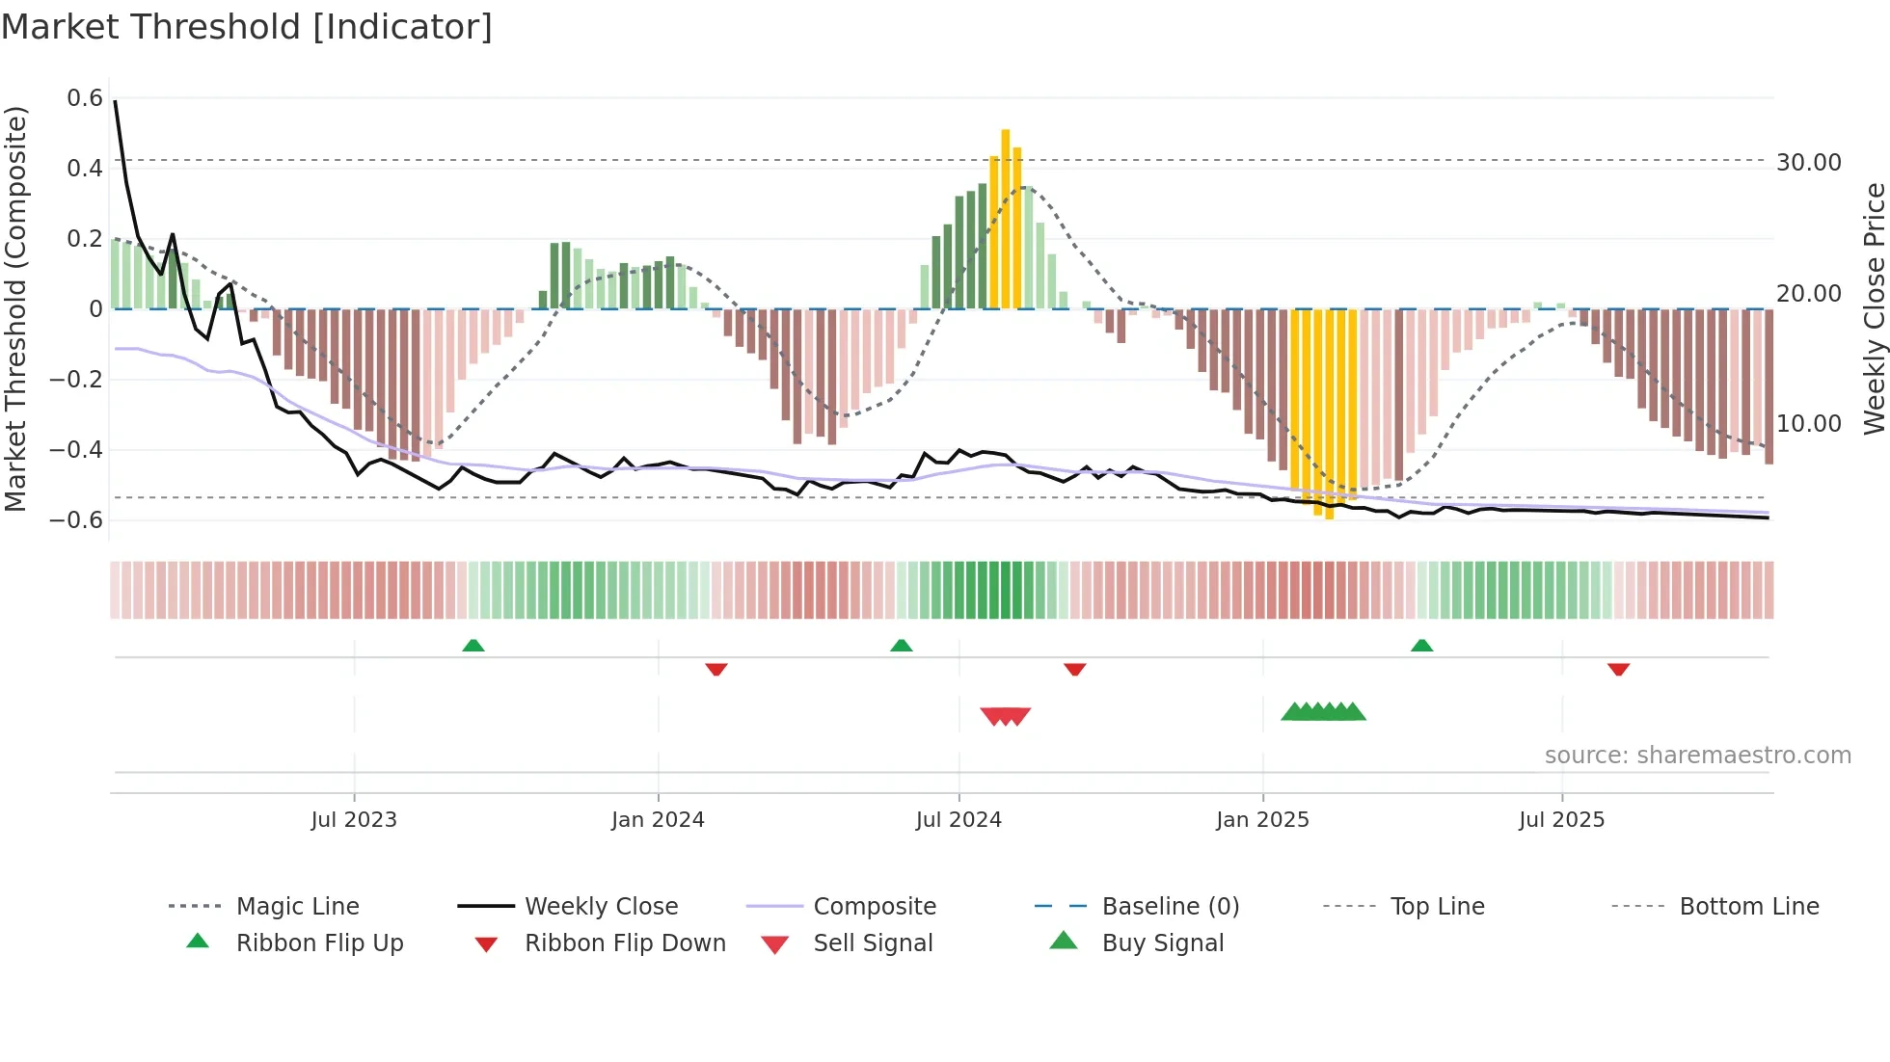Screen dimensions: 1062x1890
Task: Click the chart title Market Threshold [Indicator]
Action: pos(247,27)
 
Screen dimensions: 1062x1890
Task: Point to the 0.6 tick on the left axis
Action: pos(85,98)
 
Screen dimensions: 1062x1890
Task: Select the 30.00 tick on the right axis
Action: pos(1808,163)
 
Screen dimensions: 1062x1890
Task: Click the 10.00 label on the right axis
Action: pos(1808,424)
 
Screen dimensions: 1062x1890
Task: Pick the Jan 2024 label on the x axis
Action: pos(658,820)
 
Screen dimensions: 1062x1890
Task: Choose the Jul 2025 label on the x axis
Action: pos(1561,820)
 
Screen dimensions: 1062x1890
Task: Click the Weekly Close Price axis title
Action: pos(1874,308)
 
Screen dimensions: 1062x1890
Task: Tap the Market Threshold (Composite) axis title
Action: pos(15,308)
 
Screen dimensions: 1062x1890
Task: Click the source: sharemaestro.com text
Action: pos(1697,756)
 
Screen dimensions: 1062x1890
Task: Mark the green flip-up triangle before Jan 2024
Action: pos(472,646)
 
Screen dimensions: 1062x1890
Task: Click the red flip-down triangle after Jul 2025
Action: pos(1618,669)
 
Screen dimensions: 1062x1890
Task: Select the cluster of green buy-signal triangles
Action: pos(1323,712)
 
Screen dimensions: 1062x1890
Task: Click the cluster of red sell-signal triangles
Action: pos(1006,716)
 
